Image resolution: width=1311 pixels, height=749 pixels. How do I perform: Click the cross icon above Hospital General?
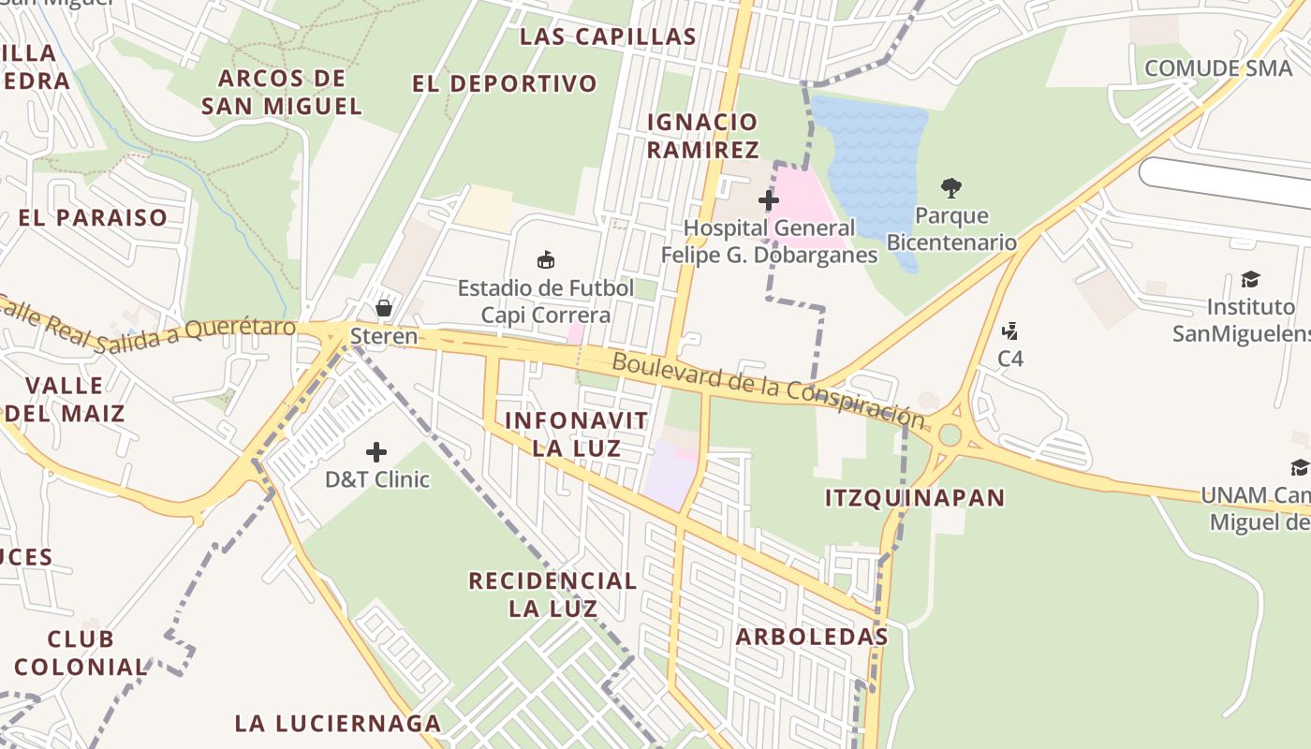click(x=769, y=199)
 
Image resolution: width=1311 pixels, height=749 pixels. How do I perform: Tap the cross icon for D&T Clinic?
click(x=376, y=453)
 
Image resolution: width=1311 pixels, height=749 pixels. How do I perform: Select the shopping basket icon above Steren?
click(x=383, y=307)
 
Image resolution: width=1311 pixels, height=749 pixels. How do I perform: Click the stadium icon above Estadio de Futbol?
click(x=546, y=259)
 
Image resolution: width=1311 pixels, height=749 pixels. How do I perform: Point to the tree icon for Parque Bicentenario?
click(x=951, y=188)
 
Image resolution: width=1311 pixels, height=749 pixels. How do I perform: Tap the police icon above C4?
click(x=1009, y=331)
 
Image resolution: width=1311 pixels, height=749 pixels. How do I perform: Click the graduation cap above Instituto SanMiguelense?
click(x=1250, y=279)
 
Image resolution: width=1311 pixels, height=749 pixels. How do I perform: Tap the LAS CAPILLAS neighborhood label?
click(x=608, y=37)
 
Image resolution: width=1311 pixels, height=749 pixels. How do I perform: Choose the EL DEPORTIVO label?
click(x=505, y=83)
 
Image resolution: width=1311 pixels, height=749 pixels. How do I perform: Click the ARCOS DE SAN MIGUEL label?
click(x=282, y=92)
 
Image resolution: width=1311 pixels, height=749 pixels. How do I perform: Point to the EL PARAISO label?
click(x=93, y=218)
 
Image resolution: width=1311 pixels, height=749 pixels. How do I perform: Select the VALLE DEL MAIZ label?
click(x=65, y=399)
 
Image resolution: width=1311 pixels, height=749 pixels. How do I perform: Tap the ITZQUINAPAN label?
click(x=915, y=497)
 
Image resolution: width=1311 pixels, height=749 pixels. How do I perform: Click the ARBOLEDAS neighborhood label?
click(x=812, y=637)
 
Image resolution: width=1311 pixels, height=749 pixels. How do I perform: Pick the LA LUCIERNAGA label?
click(x=338, y=723)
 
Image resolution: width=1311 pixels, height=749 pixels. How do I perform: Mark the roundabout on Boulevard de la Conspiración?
click(x=950, y=434)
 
